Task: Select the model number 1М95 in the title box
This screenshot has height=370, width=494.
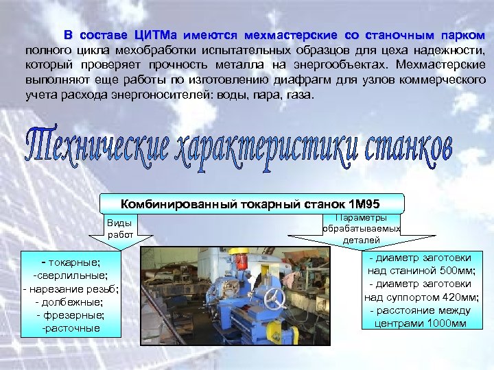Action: tap(364, 203)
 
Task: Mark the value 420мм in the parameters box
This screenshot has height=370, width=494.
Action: tap(455, 297)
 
